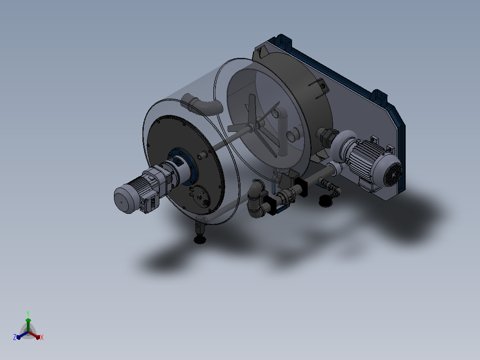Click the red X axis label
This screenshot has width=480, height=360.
pos(42,337)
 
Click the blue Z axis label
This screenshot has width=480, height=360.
pos(15,337)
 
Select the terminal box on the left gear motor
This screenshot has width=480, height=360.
pos(150,204)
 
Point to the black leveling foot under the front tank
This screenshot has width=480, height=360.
pos(200,239)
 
